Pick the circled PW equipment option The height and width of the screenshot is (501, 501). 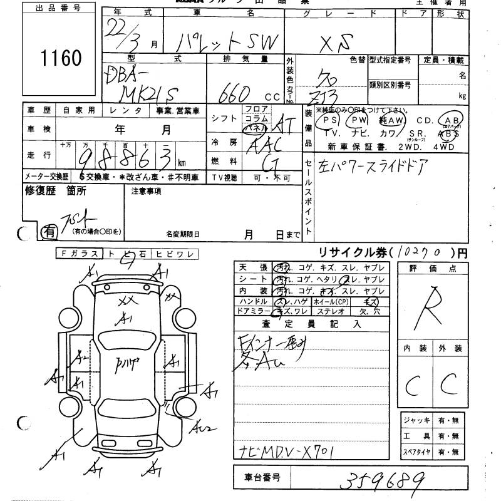pyautogui.click(x=359, y=120)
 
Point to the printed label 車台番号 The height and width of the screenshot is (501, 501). pyautogui.click(x=257, y=478)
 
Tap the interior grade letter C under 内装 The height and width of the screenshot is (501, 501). pyautogui.click(x=412, y=387)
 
